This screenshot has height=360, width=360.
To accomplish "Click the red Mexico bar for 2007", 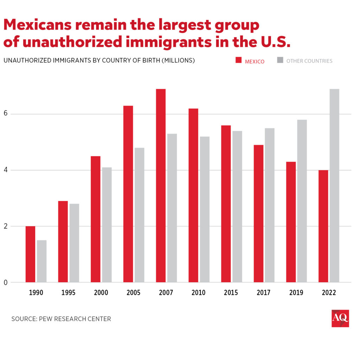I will [161, 186].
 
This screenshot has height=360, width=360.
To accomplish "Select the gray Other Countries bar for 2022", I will [334, 186].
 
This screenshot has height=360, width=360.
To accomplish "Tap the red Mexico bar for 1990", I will [30, 254].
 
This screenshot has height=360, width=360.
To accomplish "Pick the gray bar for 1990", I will [41, 261].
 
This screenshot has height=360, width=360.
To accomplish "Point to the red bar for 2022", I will [323, 226].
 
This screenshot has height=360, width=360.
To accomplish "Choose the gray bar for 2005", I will [139, 215].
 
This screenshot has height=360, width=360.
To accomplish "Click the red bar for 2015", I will [226, 204].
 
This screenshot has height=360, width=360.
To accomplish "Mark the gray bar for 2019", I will [302, 201].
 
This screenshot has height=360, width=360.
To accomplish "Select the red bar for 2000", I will [95, 219].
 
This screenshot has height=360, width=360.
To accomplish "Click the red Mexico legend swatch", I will [239, 60].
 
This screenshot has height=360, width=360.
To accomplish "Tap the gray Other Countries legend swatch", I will [280, 60].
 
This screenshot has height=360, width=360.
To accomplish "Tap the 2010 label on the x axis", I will [199, 293].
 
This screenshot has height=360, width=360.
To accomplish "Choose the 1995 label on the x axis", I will [69, 293].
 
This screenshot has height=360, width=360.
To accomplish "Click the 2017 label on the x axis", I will [264, 293].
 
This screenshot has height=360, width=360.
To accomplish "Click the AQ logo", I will [340, 318].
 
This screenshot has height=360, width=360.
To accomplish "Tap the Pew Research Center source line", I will [61, 319].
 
